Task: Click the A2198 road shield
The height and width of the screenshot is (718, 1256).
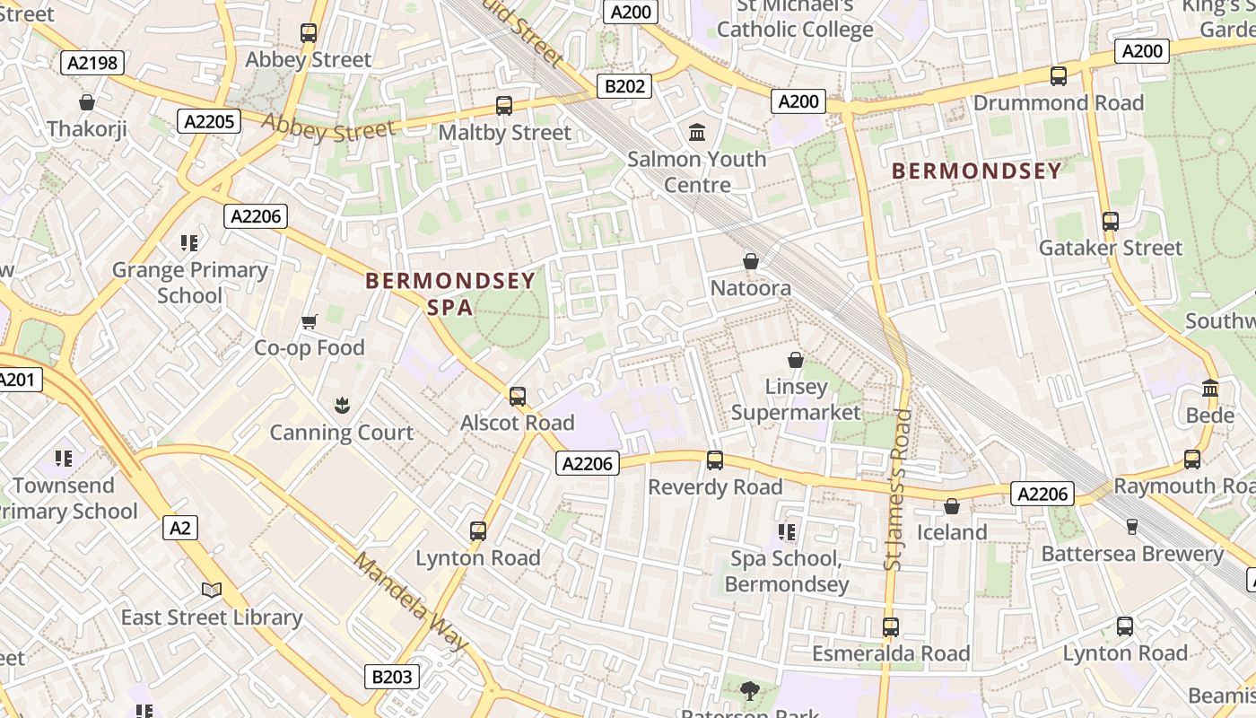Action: pyautogui.click(x=92, y=62)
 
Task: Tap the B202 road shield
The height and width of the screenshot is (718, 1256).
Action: pyautogui.click(x=624, y=86)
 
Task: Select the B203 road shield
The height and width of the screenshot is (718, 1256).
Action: pyautogui.click(x=392, y=677)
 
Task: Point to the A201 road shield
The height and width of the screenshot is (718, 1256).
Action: pyautogui.click(x=17, y=380)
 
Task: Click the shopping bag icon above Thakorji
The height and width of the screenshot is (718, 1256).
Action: pyautogui.click(x=87, y=102)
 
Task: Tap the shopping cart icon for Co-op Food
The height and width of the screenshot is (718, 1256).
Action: pyautogui.click(x=310, y=321)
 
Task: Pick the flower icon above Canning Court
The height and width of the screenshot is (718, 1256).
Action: pyautogui.click(x=342, y=406)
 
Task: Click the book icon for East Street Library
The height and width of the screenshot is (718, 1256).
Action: pyautogui.click(x=212, y=590)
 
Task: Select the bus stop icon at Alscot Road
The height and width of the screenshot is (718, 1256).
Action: pyautogui.click(x=518, y=396)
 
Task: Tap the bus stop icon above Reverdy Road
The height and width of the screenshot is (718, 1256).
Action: pyautogui.click(x=715, y=460)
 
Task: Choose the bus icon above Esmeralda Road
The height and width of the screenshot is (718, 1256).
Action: pyautogui.click(x=891, y=626)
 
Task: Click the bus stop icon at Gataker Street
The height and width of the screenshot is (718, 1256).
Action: pyautogui.click(x=1111, y=221)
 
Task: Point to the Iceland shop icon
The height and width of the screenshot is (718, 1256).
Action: pyautogui.click(x=952, y=506)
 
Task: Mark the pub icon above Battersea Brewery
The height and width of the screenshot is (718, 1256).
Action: pyautogui.click(x=1132, y=527)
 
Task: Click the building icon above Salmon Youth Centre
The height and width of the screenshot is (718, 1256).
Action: pyautogui.click(x=697, y=133)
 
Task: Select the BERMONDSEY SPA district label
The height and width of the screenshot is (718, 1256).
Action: pyautogui.click(x=450, y=293)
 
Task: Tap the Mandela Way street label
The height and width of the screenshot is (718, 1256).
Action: pyautogui.click(x=411, y=602)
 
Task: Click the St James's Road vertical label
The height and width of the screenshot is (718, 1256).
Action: pyautogui.click(x=898, y=489)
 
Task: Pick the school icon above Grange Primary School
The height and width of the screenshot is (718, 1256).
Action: pyautogui.click(x=189, y=242)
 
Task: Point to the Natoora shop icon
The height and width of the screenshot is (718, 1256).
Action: pyautogui.click(x=751, y=261)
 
